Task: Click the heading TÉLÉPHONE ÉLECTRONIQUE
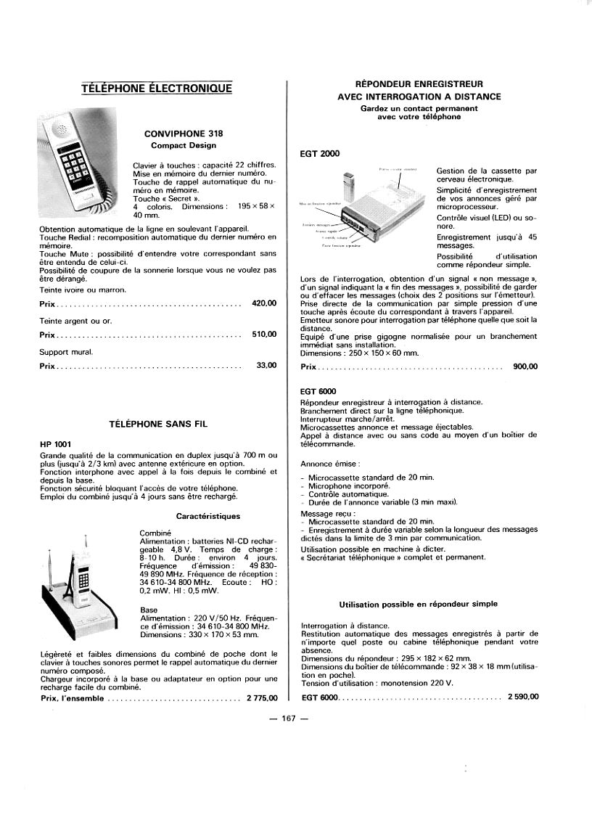(x=157, y=89)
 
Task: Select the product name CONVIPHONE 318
(x=184, y=134)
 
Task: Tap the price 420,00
(x=264, y=303)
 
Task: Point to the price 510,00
(x=264, y=334)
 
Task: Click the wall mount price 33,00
(x=267, y=365)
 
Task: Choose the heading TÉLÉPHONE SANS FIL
(x=158, y=422)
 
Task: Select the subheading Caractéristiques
(x=208, y=516)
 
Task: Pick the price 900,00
(x=525, y=366)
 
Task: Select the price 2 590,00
(x=523, y=697)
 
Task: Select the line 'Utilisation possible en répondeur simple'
(x=418, y=604)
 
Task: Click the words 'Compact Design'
(x=184, y=145)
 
